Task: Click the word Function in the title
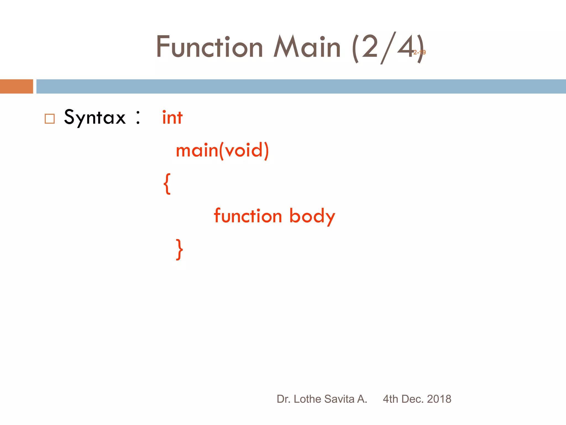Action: (209, 47)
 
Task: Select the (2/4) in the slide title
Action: (387, 48)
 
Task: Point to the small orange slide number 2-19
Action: (420, 52)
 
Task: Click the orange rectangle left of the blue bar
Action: (16, 86)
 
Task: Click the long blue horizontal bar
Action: (301, 86)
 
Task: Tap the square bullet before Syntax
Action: (50, 119)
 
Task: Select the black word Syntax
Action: (95, 117)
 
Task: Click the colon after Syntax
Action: (138, 117)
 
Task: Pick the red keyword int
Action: (172, 118)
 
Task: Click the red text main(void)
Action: (222, 151)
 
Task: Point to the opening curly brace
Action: (167, 184)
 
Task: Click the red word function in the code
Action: (248, 216)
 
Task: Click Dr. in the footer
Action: (283, 399)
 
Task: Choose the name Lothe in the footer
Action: (307, 399)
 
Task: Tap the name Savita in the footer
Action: (339, 399)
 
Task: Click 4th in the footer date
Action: (390, 399)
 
